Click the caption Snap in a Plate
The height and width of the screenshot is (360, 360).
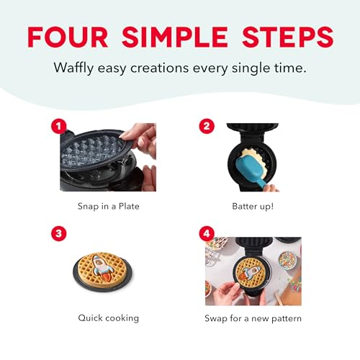click(x=107, y=205)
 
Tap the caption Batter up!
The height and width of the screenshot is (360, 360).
click(x=253, y=205)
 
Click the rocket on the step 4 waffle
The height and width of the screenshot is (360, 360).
click(x=250, y=273)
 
